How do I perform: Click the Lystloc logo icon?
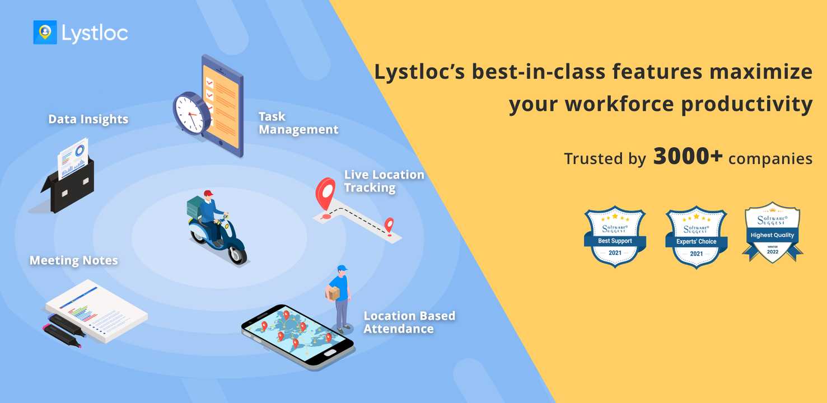coord(45,32)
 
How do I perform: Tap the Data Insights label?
coord(88,119)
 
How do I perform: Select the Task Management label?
coord(298,123)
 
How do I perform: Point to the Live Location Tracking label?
coord(384,181)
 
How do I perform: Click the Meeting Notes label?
coord(74,260)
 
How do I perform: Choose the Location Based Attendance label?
coord(409,322)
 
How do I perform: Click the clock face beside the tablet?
coord(189,113)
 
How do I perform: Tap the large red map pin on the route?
coord(325,194)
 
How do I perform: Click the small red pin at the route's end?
coord(389,225)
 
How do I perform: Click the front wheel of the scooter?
coord(237,254)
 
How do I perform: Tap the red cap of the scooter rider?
coord(208,193)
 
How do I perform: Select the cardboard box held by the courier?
coord(333,294)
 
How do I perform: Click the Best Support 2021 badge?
coord(615,237)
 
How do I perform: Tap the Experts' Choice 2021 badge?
coord(697,237)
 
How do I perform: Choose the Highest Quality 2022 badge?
coord(772,232)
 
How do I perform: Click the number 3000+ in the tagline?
coord(688,156)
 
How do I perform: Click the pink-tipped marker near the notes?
coord(62,336)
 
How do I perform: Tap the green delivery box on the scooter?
coord(194,207)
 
